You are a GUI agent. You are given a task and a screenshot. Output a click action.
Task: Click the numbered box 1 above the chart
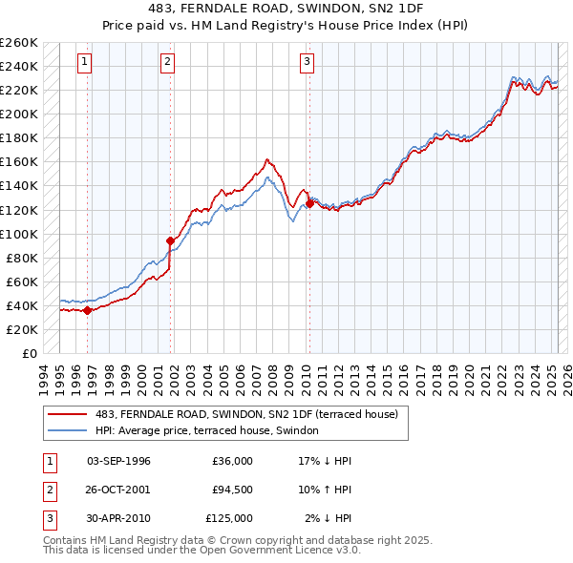85,63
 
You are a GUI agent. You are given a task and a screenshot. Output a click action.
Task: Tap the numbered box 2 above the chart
168,63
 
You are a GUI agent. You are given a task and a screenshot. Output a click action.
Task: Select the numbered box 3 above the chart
308,63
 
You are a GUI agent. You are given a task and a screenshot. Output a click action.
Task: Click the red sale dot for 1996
87,309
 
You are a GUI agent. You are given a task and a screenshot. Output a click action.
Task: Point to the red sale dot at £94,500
171,240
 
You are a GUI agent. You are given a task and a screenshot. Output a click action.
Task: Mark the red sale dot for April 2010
309,203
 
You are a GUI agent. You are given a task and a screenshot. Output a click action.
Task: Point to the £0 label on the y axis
29,353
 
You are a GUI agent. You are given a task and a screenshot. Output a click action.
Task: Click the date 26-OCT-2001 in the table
118,490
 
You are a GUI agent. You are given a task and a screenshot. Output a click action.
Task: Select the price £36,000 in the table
232,461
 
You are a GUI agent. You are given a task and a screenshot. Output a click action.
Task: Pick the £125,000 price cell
229,518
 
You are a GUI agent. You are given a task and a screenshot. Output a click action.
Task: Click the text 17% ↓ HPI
325,461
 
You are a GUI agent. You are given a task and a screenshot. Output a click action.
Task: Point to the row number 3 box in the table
48,518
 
